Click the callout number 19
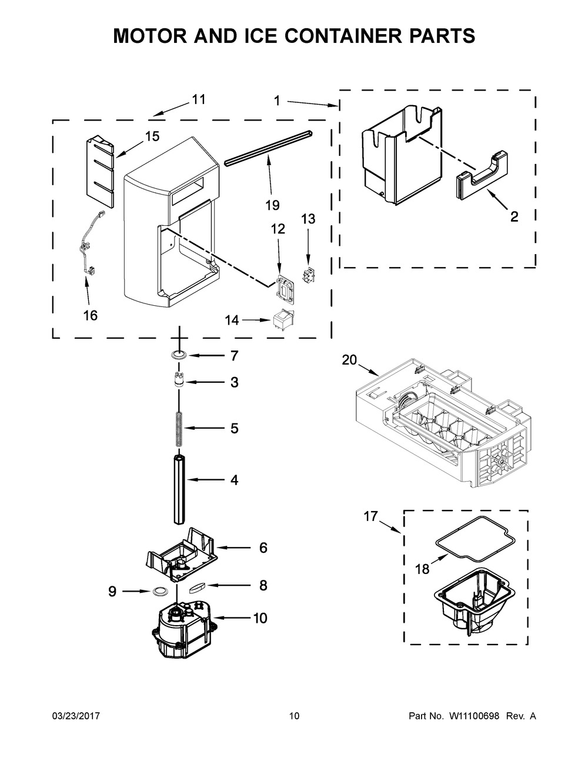pos(272,205)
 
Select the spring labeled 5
pos(179,428)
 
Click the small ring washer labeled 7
pos(179,356)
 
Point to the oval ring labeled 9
pos(159,592)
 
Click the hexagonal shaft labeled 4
pos(179,489)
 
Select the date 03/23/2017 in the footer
pos(76,716)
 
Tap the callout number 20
pos(349,360)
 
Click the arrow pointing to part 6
pos(233,548)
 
